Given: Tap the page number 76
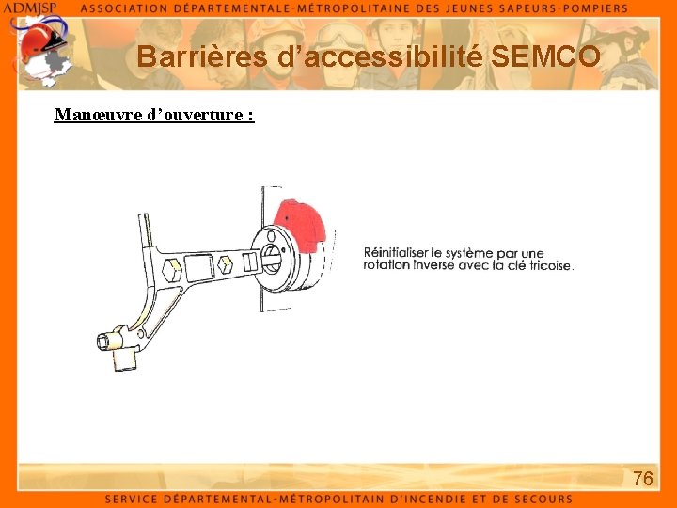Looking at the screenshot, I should [x=643, y=479].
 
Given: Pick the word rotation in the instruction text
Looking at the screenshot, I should [x=386, y=265].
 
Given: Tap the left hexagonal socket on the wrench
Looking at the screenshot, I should [x=172, y=270].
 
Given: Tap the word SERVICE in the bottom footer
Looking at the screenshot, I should [x=136, y=499].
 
